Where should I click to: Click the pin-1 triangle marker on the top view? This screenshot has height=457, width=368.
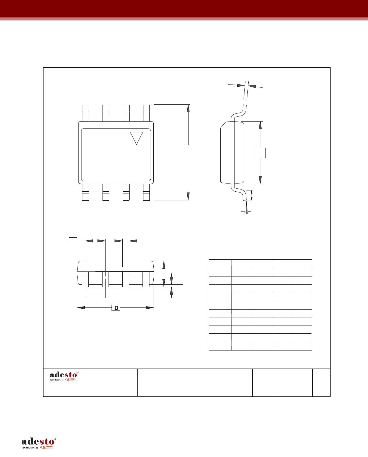[x=136, y=137]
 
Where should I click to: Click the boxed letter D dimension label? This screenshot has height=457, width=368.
[x=116, y=308]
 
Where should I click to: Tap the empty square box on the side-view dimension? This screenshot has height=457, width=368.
[x=260, y=153]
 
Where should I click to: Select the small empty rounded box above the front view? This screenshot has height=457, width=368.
[x=73, y=240]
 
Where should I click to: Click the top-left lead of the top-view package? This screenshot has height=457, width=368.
[x=85, y=113]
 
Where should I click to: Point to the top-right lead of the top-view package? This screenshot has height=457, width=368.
[x=146, y=113]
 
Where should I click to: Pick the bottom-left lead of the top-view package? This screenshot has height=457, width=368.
[x=85, y=192]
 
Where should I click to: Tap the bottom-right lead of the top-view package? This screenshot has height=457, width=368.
[x=146, y=192]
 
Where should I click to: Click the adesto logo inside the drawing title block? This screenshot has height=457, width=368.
[x=64, y=376]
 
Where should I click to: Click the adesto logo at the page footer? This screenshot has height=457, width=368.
[x=38, y=443]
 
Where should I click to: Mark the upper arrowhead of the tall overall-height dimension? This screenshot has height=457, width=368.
[x=188, y=108]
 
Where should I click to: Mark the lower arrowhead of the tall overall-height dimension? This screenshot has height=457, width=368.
[x=188, y=196]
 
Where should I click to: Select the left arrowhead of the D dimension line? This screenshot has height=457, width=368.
[x=81, y=308]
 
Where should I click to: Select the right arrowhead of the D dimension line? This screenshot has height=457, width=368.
[x=150, y=308]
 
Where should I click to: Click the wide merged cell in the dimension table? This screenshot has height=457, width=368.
[x=262, y=329]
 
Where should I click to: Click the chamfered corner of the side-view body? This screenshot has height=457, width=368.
[x=223, y=125]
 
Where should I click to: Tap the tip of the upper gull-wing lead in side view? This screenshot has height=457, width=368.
[x=244, y=106]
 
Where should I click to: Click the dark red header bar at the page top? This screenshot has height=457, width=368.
[x=184, y=8]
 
